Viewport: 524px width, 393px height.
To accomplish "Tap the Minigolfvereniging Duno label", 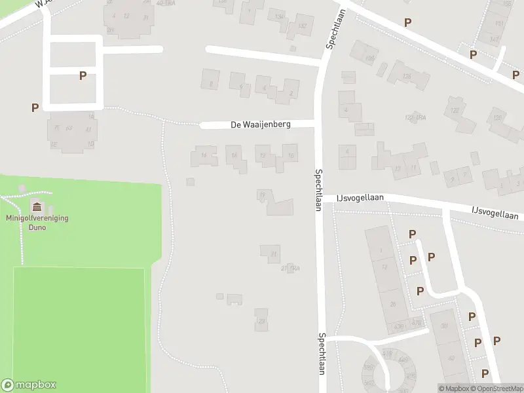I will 37,223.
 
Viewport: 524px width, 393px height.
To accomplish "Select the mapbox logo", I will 29,385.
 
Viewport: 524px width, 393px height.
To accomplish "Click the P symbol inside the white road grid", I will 83,75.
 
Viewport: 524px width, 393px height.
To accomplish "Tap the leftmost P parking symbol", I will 34,107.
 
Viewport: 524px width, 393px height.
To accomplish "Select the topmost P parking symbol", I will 407,22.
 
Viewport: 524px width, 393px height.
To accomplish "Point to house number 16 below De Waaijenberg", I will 204,156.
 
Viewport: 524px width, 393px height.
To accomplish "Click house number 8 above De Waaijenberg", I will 210,84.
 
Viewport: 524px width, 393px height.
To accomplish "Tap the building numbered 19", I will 263,195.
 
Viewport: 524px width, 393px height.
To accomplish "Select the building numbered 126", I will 407,76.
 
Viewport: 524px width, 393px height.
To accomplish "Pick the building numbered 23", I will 261,320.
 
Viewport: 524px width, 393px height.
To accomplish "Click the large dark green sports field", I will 79,327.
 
